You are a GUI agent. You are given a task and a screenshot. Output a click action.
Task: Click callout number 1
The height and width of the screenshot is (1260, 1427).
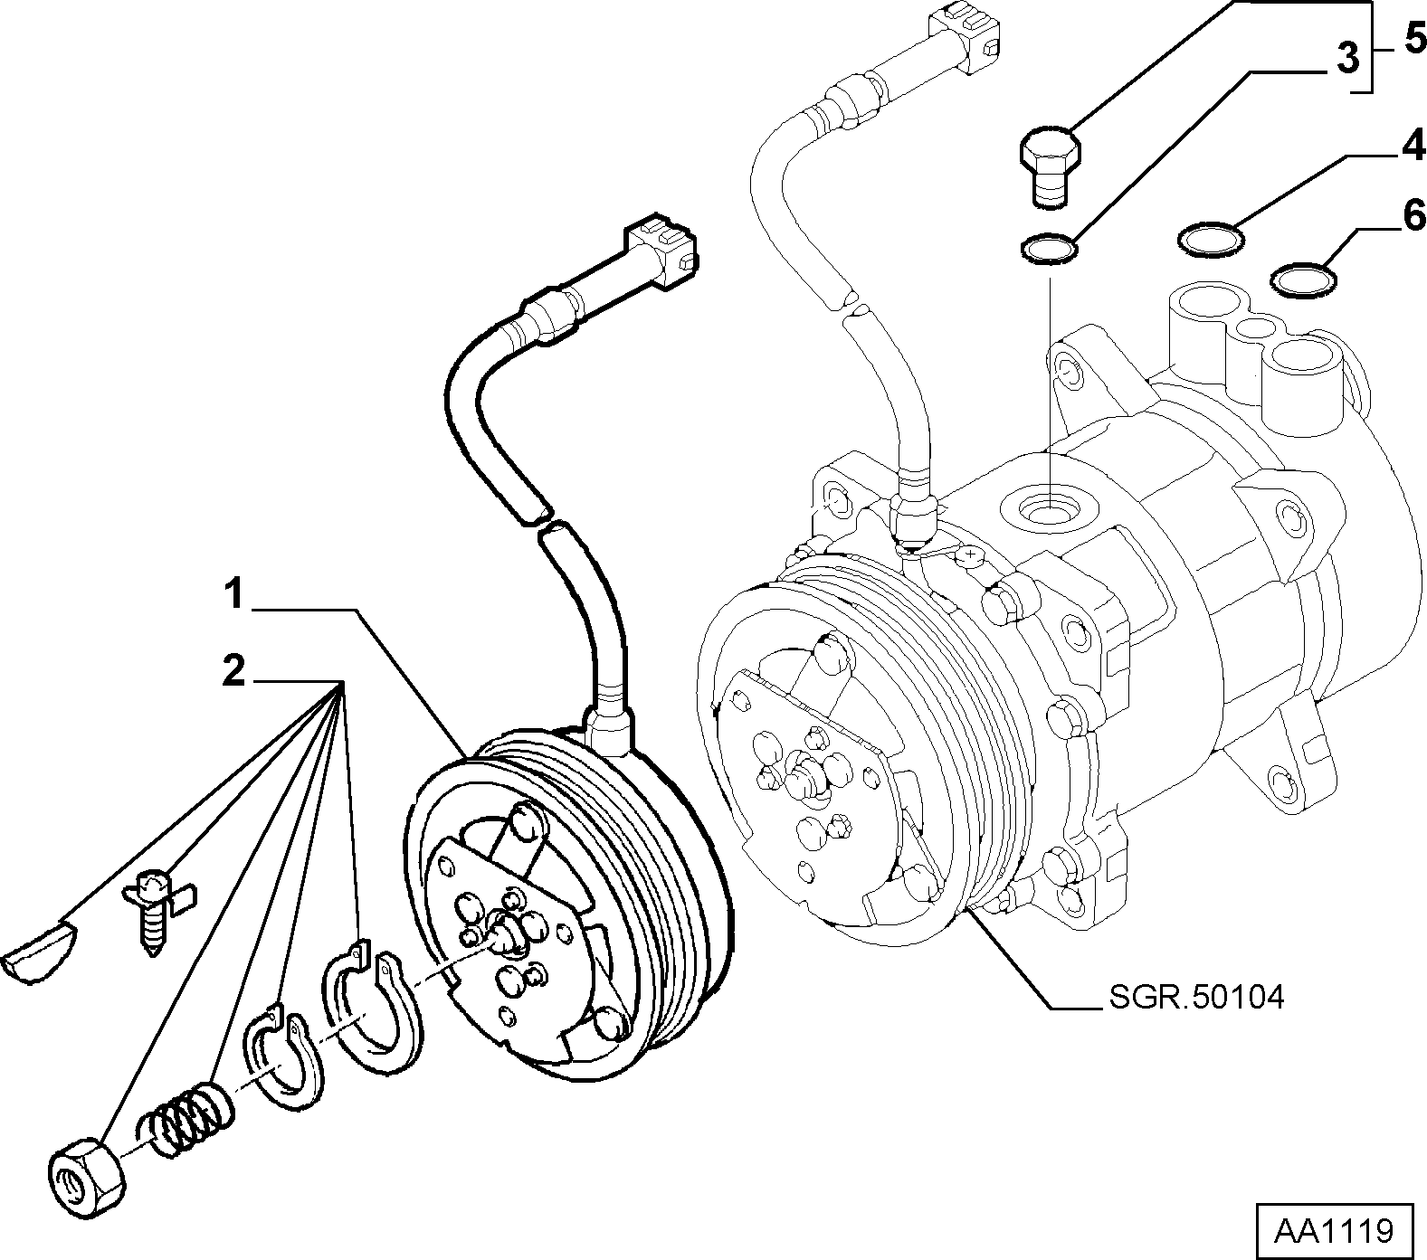pos(233,597)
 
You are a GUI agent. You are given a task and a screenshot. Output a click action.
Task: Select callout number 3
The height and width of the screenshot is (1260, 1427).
pos(1347,59)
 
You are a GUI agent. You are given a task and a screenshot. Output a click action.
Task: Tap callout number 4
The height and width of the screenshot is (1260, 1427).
pos(1413,146)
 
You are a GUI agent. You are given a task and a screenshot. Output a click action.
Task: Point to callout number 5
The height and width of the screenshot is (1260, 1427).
pos(1414,39)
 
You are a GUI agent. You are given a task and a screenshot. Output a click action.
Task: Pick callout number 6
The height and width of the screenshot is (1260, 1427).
pos(1413,217)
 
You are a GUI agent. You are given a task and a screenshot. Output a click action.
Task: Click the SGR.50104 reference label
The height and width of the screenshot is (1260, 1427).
pos(1195,999)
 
